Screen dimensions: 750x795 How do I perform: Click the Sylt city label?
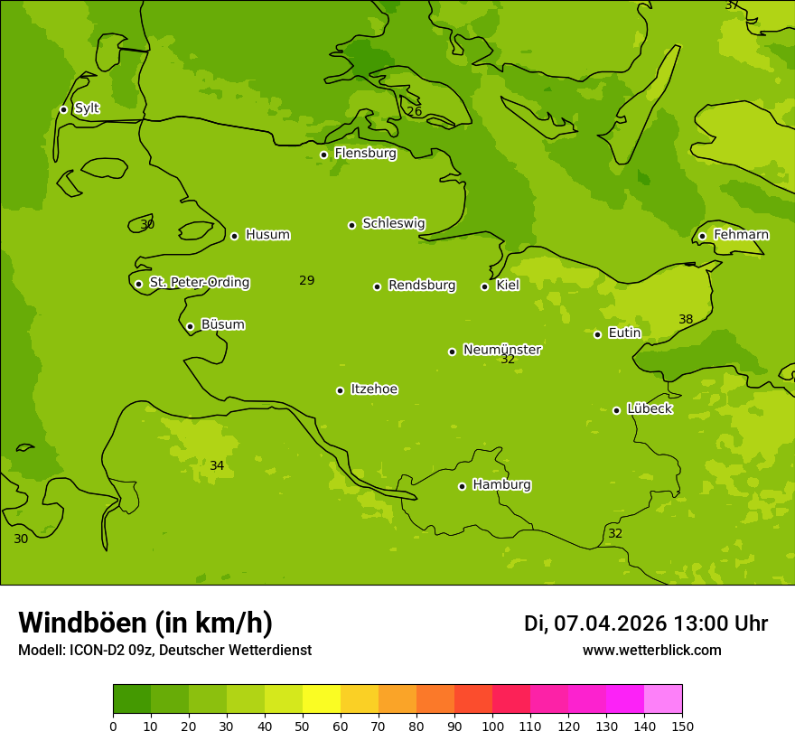click(x=87, y=108)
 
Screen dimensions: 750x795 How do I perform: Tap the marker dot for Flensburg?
click(x=323, y=155)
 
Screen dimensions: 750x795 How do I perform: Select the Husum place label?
click(x=267, y=235)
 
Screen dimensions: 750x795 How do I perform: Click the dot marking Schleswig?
click(x=351, y=225)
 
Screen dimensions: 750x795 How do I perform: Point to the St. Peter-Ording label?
click(x=199, y=283)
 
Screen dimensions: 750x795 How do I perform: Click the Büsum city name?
click(x=222, y=324)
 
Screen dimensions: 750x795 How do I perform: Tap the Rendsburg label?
click(x=422, y=286)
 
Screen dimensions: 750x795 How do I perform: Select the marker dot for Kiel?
click(x=484, y=286)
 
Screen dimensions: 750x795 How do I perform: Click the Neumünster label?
click(x=502, y=350)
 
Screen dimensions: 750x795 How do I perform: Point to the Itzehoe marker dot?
click(x=340, y=390)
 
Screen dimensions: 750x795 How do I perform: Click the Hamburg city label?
click(x=501, y=485)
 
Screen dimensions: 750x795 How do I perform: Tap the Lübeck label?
click(x=649, y=409)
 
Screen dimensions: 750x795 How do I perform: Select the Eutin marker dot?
click(x=597, y=334)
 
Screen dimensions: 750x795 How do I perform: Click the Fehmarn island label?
click(x=741, y=235)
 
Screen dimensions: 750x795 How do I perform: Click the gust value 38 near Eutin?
click(x=686, y=319)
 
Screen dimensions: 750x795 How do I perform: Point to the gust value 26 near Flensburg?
click(x=414, y=111)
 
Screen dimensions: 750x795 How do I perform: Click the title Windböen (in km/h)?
click(x=145, y=623)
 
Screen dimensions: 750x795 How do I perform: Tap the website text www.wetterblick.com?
click(x=651, y=650)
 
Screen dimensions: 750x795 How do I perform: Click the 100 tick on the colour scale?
click(x=492, y=726)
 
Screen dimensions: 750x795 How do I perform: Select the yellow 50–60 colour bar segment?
click(x=322, y=699)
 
